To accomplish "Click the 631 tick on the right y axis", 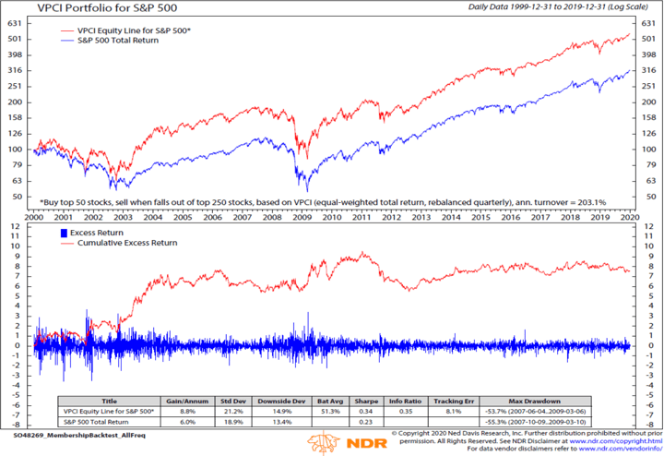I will pyautogui.click(x=646, y=20).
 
